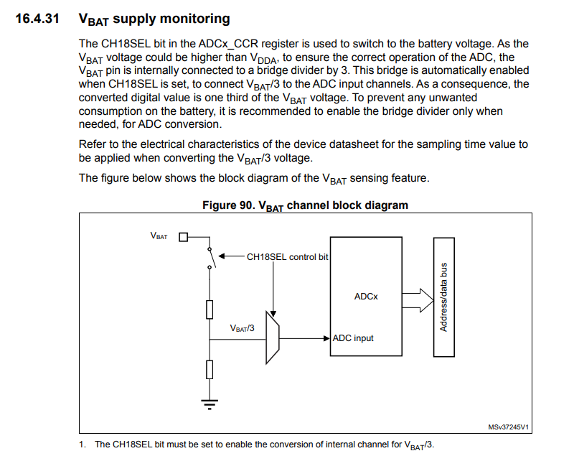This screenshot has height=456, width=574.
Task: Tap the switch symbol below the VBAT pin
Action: pos(210,257)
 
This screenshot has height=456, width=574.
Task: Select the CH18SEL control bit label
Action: pos(286,256)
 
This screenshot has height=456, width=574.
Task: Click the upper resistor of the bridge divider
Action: pos(210,310)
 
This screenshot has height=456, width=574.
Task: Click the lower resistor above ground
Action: pos(210,369)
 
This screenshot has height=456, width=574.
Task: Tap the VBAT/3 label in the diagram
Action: pos(243,327)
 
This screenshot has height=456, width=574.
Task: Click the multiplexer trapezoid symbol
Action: pos(272,338)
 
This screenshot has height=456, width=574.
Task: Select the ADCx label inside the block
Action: pos(365,296)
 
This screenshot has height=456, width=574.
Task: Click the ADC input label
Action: pos(353,338)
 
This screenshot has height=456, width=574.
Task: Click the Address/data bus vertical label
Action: pos(444,296)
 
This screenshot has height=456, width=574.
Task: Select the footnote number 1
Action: pos(83,445)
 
